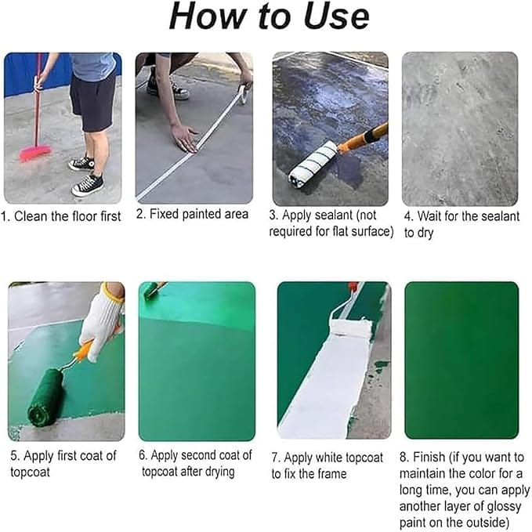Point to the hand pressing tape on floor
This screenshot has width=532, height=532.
185,138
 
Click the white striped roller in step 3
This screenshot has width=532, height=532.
313,163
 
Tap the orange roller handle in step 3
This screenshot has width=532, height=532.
364,138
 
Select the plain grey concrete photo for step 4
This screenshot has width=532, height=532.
459,128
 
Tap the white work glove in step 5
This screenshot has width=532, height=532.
102,317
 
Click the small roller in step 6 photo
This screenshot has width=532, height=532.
152,291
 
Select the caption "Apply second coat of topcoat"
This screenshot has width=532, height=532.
196,463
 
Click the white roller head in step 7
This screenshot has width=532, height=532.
350,327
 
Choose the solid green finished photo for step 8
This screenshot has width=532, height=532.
461,360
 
